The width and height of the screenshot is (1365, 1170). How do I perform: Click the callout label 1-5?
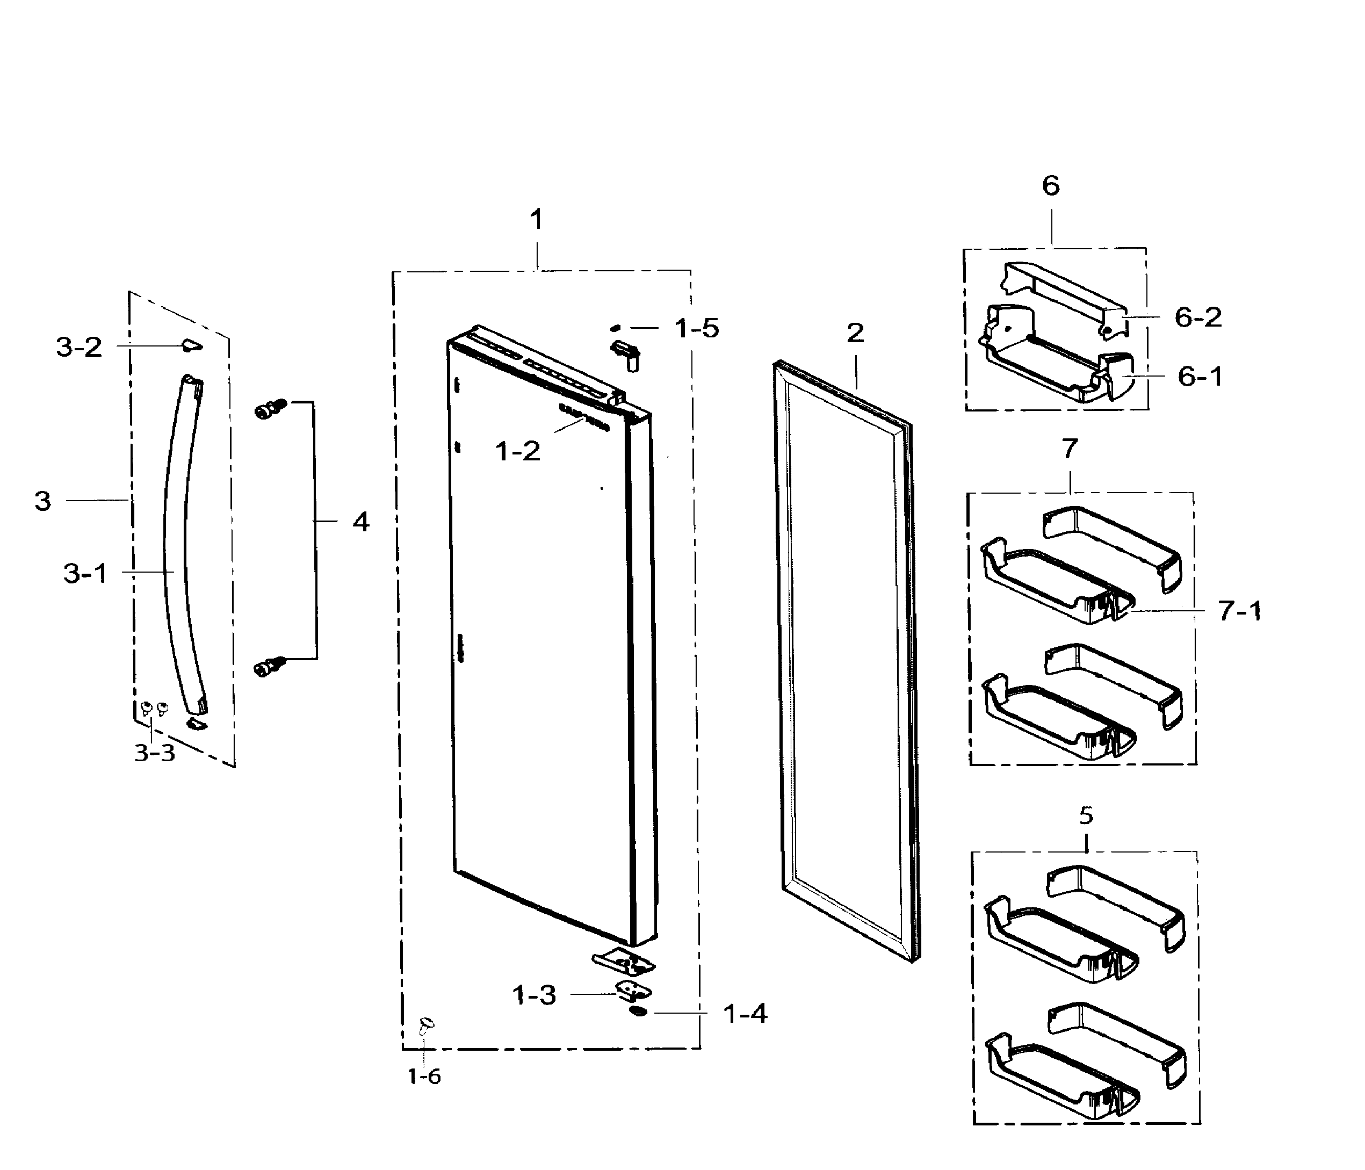coord(696,328)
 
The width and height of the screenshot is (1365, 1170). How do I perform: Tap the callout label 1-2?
coord(517,451)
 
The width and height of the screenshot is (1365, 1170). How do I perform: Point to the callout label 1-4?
coord(745,1014)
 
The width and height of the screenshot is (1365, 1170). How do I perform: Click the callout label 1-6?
coord(424,1077)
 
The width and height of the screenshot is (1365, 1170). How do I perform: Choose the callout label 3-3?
coord(155,752)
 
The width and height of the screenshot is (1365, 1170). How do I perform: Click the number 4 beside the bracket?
coord(360,522)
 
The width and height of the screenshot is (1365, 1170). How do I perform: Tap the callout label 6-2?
coord(1198,317)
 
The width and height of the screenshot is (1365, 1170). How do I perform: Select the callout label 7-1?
coord(1239,611)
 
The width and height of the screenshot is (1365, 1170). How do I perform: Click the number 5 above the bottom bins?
coord(1086,815)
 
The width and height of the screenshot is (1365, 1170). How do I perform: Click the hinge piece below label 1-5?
coord(626,352)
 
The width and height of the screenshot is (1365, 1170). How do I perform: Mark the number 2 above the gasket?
coord(855,334)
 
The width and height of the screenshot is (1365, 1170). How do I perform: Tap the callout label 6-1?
coord(1200,377)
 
